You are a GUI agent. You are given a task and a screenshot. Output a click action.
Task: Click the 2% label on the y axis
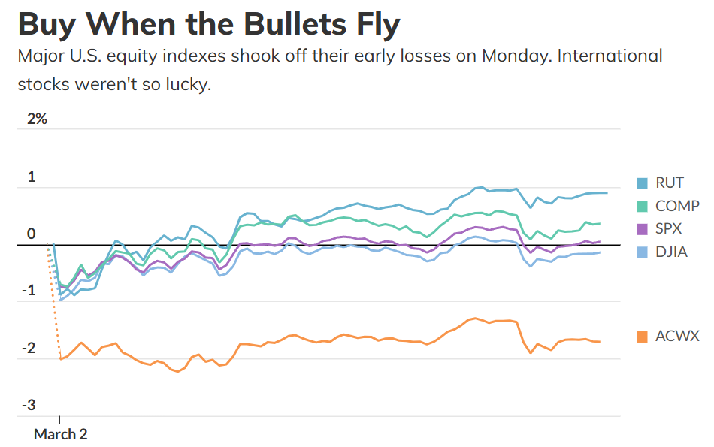37,119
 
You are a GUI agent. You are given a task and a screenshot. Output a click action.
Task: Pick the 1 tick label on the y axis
32,177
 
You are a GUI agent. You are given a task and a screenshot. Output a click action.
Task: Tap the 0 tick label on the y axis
32,234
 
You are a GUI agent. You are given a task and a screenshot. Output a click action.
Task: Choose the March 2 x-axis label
60,434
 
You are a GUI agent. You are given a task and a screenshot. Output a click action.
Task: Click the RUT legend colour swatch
642,183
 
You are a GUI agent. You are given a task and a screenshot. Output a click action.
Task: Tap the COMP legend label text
677,206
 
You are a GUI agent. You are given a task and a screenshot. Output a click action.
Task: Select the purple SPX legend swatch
642,228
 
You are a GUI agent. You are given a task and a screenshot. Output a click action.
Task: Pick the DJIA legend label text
671,252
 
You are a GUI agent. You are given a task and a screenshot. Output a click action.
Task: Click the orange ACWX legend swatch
642,337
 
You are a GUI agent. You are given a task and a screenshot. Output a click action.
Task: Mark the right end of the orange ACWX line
600,342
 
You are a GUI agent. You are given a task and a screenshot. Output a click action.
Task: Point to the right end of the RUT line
607,193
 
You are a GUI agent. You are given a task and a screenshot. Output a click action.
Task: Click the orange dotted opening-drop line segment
53,301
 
